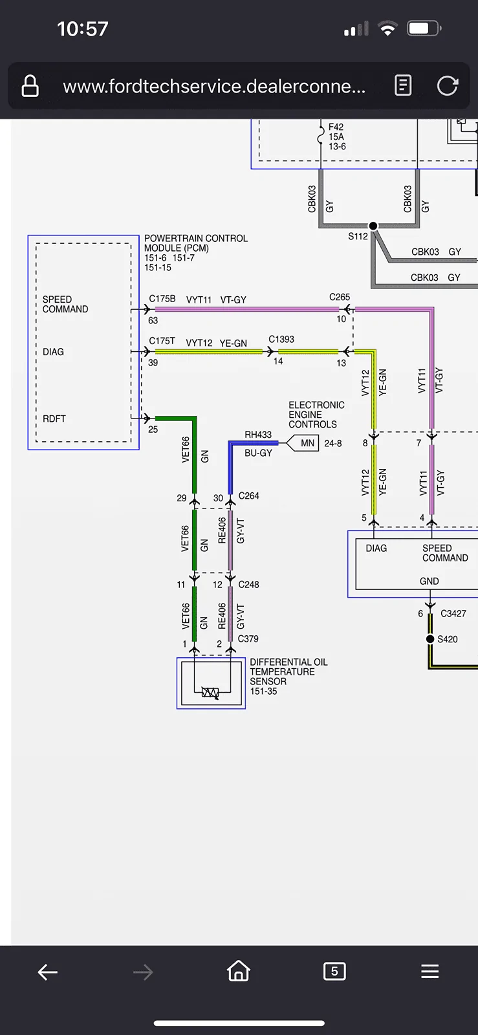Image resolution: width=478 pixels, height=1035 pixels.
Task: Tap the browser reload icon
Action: click(448, 85)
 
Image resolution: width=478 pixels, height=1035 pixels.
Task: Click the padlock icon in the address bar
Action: click(30, 86)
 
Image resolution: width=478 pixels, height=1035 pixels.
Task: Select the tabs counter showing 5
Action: click(334, 971)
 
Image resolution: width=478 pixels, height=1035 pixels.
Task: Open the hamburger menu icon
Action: click(430, 971)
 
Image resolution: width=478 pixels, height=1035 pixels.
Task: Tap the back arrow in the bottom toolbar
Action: click(48, 972)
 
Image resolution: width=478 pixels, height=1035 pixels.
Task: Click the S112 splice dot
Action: click(373, 226)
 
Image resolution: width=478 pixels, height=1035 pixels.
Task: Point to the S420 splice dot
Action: click(430, 639)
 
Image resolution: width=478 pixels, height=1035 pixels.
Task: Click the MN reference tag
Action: click(303, 444)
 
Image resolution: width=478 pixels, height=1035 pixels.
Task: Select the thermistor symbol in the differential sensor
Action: click(210, 693)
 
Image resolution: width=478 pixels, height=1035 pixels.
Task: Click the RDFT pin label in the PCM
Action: click(54, 419)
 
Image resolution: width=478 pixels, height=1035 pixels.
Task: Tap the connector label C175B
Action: click(162, 299)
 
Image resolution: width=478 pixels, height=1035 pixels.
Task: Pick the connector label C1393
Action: click(281, 339)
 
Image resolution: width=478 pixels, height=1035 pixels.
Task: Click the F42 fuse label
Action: click(336, 127)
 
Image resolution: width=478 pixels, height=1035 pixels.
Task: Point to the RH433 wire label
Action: click(258, 434)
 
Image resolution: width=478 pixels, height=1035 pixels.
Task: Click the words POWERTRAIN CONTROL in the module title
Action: click(196, 239)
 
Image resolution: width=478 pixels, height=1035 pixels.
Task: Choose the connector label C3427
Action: click(453, 614)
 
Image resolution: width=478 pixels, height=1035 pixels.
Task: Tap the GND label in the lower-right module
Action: click(429, 582)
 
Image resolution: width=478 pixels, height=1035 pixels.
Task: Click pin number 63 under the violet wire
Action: click(153, 320)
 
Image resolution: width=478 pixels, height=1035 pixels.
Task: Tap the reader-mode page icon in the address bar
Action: click(403, 85)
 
